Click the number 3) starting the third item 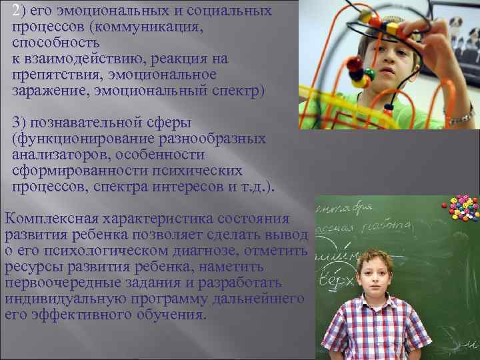tap(20, 123)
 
